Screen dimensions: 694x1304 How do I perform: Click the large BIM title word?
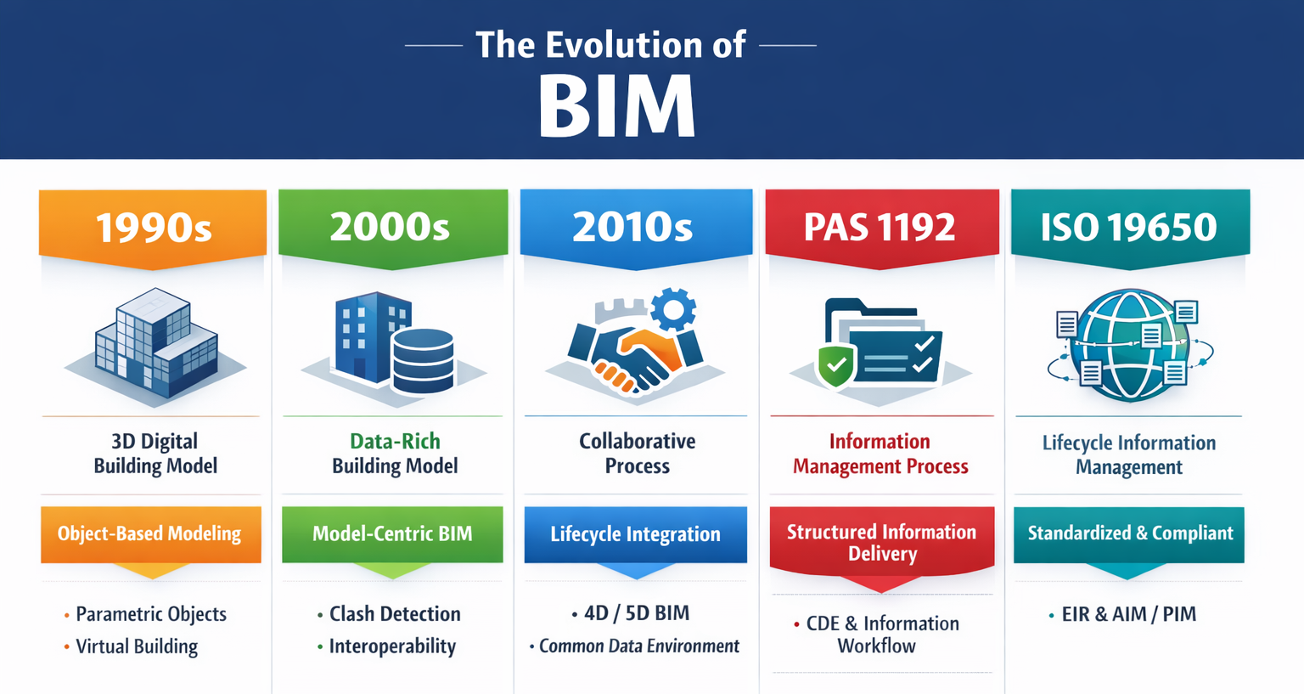coord(617,107)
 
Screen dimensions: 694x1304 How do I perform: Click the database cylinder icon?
coord(423,360)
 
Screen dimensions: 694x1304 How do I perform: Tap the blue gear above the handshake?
coord(674,309)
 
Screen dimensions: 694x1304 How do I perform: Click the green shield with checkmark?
coord(837,366)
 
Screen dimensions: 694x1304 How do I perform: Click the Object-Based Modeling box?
coord(150,534)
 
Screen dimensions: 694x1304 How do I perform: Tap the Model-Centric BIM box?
coord(392,534)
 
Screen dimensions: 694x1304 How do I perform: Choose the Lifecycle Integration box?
coord(635,534)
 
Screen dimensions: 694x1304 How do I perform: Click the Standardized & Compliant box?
coord(1129,533)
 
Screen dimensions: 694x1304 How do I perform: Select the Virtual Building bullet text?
coord(137,646)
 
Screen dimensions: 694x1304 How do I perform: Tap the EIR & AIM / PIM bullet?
coord(1128,614)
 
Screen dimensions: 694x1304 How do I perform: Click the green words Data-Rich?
coord(395,441)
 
